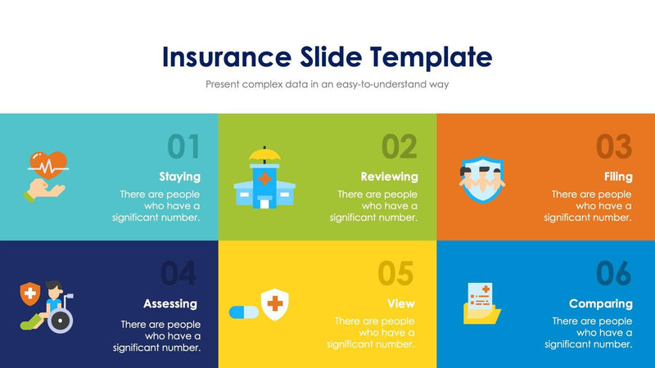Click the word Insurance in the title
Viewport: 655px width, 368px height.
pyautogui.click(x=224, y=56)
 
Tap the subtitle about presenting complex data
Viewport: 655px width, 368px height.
pyautogui.click(x=327, y=83)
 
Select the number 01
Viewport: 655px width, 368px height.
pyautogui.click(x=183, y=146)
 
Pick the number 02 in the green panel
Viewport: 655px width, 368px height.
pyautogui.click(x=400, y=146)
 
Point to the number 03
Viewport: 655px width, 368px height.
pyautogui.click(x=614, y=146)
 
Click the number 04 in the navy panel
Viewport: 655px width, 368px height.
pyautogui.click(x=179, y=274)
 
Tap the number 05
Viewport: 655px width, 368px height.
pyautogui.click(x=396, y=274)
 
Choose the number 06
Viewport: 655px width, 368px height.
pyautogui.click(x=614, y=274)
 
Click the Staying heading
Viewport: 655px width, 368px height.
pyautogui.click(x=179, y=177)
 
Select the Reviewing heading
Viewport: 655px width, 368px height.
pyautogui.click(x=389, y=177)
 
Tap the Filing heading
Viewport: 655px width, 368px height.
pyautogui.click(x=617, y=177)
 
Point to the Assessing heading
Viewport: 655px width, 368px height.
pyautogui.click(x=170, y=303)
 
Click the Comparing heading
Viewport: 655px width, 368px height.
pyautogui.click(x=601, y=303)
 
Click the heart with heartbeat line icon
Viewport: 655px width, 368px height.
pyautogui.click(x=47, y=161)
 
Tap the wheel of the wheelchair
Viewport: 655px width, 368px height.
pyautogui.click(x=61, y=320)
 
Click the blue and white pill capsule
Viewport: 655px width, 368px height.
pyautogui.click(x=243, y=312)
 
